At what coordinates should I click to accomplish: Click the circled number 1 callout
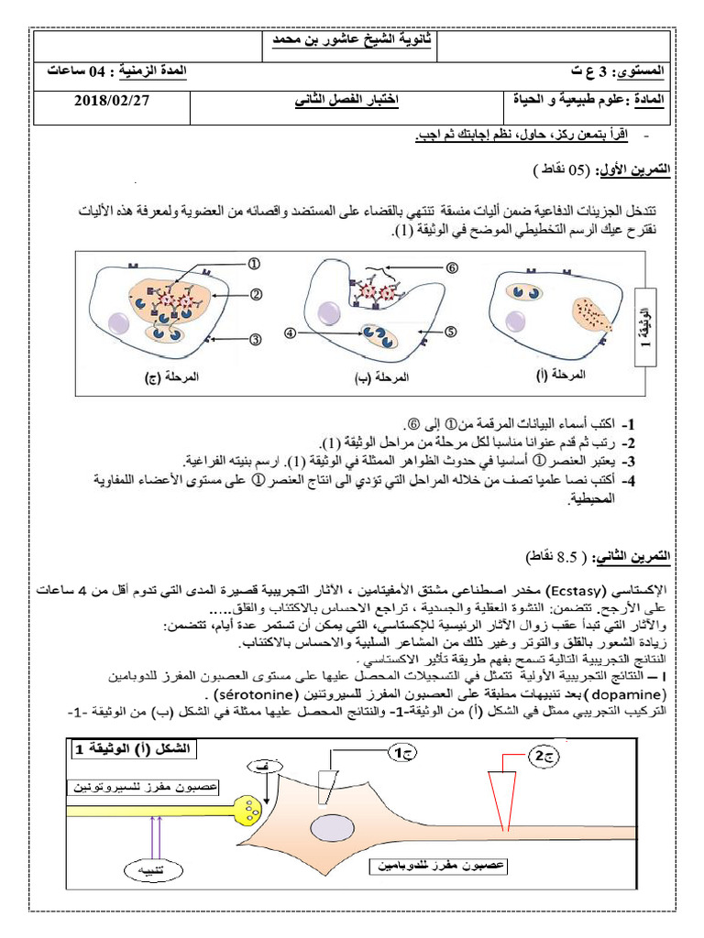click(254, 263)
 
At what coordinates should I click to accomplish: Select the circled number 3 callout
click(256, 339)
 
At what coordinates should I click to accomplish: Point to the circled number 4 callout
click(291, 333)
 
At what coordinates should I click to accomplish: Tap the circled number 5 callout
click(451, 332)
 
